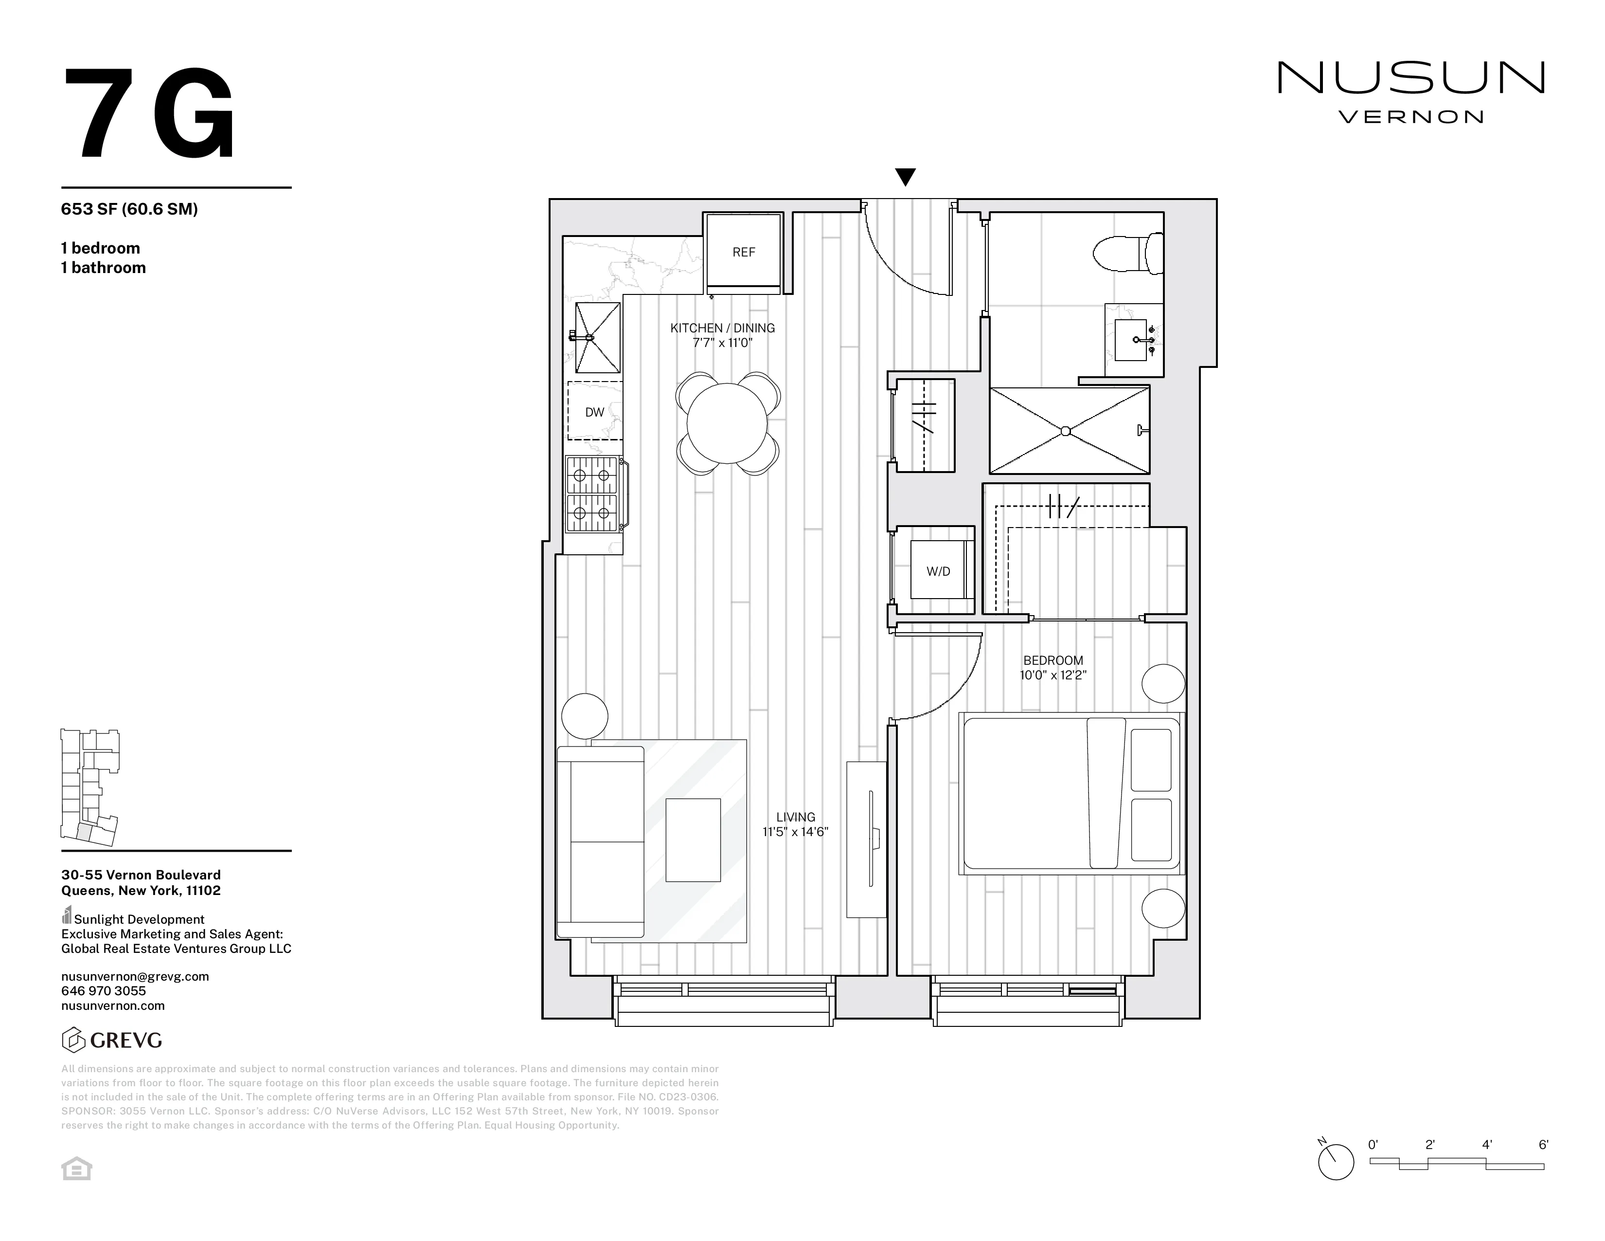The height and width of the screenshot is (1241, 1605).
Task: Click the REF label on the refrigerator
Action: [x=744, y=252]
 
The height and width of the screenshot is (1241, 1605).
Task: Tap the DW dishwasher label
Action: [x=594, y=412]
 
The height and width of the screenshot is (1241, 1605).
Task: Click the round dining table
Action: [x=727, y=423]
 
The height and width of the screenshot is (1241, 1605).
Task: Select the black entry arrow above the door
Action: [x=906, y=177]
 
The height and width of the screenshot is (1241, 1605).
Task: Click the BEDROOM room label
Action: [x=1053, y=660]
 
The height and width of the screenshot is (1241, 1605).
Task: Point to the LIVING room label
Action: [x=796, y=817]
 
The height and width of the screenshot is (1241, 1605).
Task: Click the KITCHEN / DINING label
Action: [x=722, y=328]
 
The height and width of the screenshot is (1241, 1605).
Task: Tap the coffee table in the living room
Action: [x=693, y=839]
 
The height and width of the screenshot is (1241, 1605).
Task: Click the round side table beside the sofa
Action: [x=585, y=715]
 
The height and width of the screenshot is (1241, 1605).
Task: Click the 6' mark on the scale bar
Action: [x=1543, y=1145]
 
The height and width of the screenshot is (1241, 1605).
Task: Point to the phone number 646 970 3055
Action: [x=104, y=991]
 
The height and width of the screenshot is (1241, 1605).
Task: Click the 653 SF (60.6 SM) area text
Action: [x=129, y=209]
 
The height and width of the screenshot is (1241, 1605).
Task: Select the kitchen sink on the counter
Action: [x=597, y=337]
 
